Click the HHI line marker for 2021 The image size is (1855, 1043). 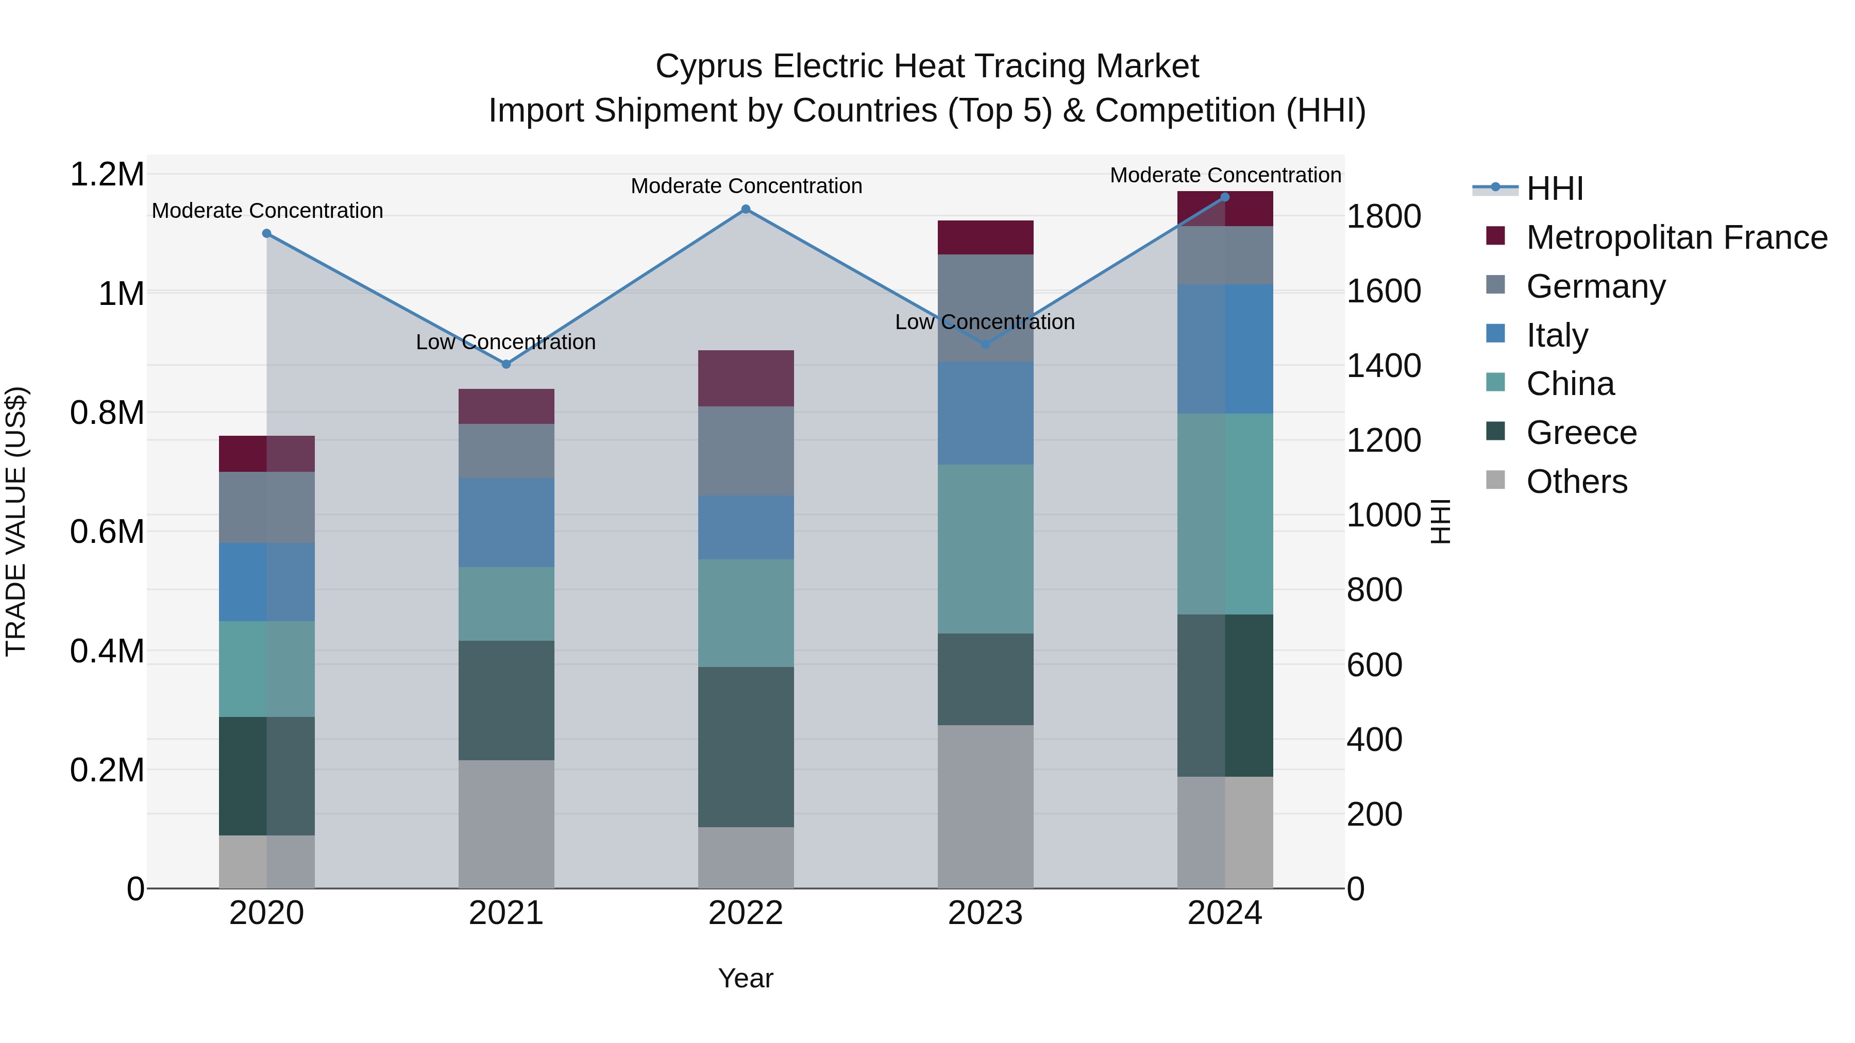tap(506, 364)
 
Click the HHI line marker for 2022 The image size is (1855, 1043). tap(746, 210)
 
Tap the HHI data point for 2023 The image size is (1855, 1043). tap(986, 345)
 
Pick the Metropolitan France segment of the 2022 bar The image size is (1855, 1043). tap(746, 378)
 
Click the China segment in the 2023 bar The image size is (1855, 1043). tap(985, 549)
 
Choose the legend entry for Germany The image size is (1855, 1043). tap(1595, 286)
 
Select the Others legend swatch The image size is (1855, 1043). tap(1496, 480)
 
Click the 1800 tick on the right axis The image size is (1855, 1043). tap(1384, 217)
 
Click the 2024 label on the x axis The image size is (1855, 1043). tap(1224, 913)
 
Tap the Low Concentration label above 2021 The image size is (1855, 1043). tap(505, 342)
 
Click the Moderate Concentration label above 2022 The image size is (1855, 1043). tap(746, 186)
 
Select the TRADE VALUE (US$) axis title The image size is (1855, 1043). tap(16, 521)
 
